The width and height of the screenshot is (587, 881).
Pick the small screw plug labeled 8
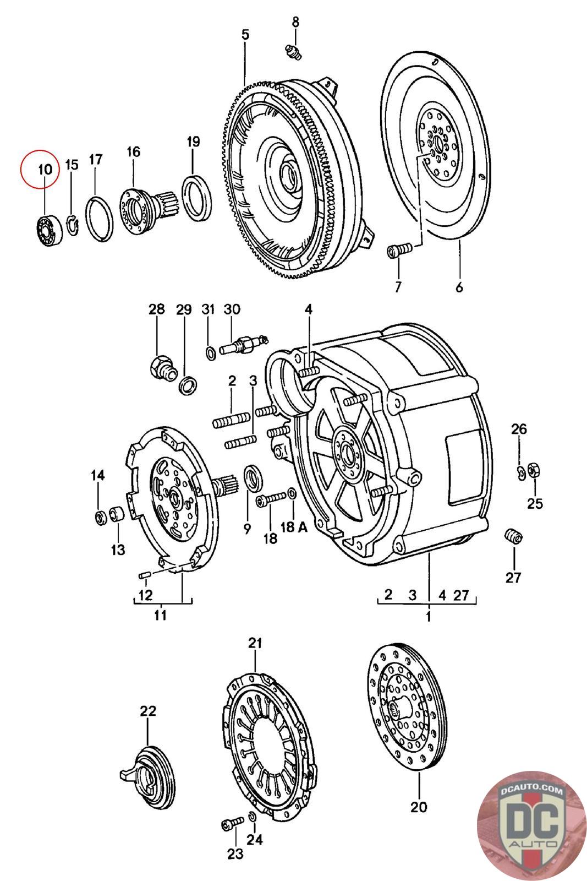(294, 51)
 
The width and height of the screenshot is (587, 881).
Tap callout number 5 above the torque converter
(245, 35)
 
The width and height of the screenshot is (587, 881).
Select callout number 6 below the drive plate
(459, 287)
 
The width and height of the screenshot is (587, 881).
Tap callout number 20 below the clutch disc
(419, 807)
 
